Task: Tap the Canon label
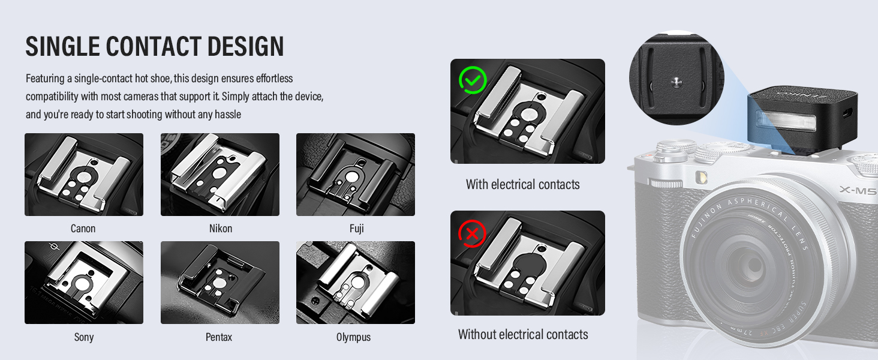pyautogui.click(x=83, y=229)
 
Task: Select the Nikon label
pyautogui.click(x=220, y=229)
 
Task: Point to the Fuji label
pyautogui.click(x=356, y=229)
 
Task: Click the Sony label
pyautogui.click(x=84, y=337)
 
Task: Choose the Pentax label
pyautogui.click(x=219, y=337)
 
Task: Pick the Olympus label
pyautogui.click(x=353, y=337)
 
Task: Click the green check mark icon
pyautogui.click(x=472, y=80)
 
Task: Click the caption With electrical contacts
pyautogui.click(x=522, y=185)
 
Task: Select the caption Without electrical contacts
pyautogui.click(x=523, y=335)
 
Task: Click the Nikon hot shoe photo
pyautogui.click(x=220, y=175)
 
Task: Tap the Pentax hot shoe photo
pyautogui.click(x=220, y=283)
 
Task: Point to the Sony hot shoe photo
pyautogui.click(x=84, y=283)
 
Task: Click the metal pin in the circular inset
pyautogui.click(x=676, y=80)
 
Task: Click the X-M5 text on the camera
pyautogui.click(x=858, y=190)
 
